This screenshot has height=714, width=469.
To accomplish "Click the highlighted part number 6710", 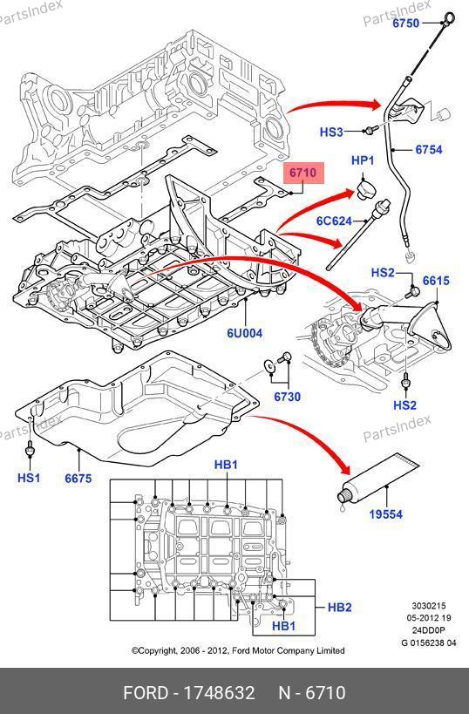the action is pos(302,173).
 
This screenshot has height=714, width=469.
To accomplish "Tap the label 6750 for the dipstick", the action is pos(406,23).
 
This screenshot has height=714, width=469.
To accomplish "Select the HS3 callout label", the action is pos(331,132).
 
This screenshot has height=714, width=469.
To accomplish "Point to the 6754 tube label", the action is pos(429,149).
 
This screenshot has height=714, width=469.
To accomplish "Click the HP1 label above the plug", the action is pos(363,160).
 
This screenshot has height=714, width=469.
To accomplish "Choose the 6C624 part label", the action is pos(334,221).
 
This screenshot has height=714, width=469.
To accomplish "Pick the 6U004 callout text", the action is pos(245,333).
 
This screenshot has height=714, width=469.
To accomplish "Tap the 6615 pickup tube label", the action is pos(436,281).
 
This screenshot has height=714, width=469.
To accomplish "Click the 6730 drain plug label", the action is pos(288,397).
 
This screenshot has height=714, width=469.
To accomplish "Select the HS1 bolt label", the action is pos(29,478).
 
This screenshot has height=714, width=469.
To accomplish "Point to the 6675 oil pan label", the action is pos(78,479).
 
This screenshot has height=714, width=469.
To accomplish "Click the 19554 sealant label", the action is pos(385,514).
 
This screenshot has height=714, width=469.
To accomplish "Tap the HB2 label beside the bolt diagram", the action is pos(340,607).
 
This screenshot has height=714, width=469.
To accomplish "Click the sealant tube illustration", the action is pos(378,481).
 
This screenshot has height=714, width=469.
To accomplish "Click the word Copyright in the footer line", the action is pos(158,650).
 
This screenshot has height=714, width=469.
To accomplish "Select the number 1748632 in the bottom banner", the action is pos(219,693).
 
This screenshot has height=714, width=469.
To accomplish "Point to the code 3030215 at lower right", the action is pos(429,606).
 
